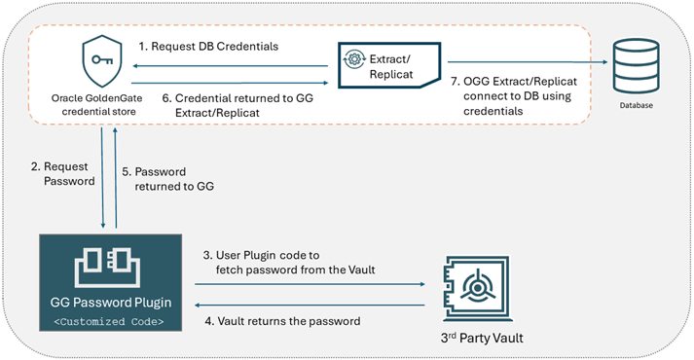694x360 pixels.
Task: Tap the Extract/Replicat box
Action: click(x=385, y=64)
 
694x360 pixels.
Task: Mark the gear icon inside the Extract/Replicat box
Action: click(x=355, y=59)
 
